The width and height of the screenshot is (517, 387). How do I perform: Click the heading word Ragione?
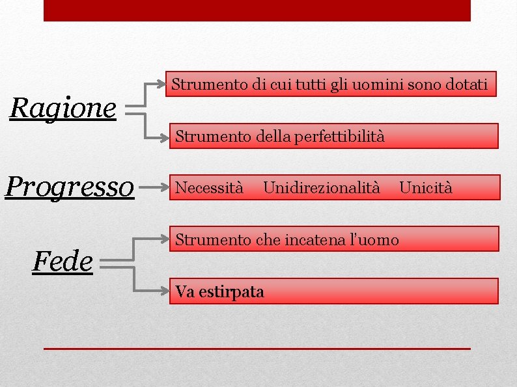pos(63,109)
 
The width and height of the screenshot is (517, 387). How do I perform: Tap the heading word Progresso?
pos(70,187)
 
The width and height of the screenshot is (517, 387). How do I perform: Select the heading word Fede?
pos(62,261)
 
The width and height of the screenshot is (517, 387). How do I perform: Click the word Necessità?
pos(210,188)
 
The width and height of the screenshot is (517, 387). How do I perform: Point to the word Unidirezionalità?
pos(322,188)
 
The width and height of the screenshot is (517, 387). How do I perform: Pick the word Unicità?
pos(425,188)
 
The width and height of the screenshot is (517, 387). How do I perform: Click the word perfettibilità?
pos(339,137)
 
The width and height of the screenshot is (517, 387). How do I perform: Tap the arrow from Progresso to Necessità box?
pos(152,188)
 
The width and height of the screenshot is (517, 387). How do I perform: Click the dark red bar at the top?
pos(257,10)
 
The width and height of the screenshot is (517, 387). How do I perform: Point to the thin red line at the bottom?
pos(257,349)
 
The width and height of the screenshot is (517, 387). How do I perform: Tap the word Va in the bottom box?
pos(183,292)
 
